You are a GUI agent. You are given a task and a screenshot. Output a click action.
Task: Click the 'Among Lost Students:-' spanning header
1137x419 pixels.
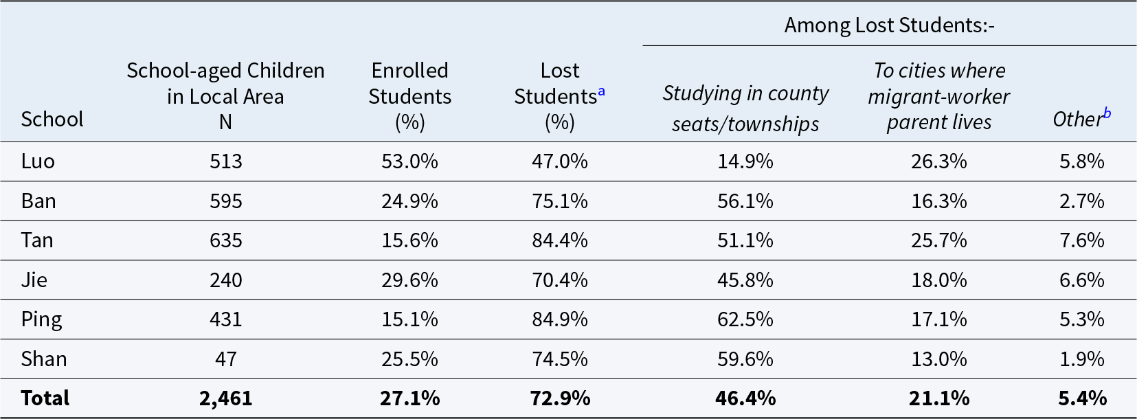pyautogui.click(x=889, y=25)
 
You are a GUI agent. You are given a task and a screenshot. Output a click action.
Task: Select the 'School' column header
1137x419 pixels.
pyautogui.click(x=52, y=120)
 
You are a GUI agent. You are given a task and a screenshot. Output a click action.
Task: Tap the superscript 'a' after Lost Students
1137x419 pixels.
pyautogui.click(x=602, y=91)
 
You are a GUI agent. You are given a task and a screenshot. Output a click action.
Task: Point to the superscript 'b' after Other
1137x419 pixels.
pyautogui.click(x=1107, y=113)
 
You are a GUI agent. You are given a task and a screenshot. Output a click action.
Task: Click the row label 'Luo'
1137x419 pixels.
pyautogui.click(x=38, y=161)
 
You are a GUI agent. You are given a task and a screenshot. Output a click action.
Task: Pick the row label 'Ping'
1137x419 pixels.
pyautogui.click(x=41, y=319)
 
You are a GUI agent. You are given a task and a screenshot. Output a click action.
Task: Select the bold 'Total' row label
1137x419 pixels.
pyautogui.click(x=45, y=398)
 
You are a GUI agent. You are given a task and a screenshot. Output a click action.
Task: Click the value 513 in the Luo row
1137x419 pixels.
pyautogui.click(x=226, y=161)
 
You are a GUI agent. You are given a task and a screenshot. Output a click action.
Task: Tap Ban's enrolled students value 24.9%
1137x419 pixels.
pyautogui.click(x=409, y=201)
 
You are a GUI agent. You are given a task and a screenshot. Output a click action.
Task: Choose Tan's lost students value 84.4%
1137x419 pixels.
pyautogui.click(x=560, y=240)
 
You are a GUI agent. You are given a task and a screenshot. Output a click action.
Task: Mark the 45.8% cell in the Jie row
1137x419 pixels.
pyautogui.click(x=745, y=280)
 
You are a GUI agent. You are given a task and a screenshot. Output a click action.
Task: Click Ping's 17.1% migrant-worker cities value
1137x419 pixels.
pyautogui.click(x=939, y=319)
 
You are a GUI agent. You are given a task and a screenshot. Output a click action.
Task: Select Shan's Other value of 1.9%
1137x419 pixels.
pyautogui.click(x=1081, y=359)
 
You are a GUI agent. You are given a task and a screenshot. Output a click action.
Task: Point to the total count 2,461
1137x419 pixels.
pyautogui.click(x=226, y=398)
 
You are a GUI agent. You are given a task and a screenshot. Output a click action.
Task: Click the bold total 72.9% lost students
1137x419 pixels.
pyautogui.click(x=560, y=398)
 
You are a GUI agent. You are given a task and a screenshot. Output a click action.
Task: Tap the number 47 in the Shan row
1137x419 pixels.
pyautogui.click(x=226, y=359)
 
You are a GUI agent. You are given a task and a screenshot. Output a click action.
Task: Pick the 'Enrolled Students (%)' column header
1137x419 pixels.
pyautogui.click(x=409, y=96)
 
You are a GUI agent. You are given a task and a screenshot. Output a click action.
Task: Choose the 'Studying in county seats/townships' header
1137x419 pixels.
pyautogui.click(x=745, y=108)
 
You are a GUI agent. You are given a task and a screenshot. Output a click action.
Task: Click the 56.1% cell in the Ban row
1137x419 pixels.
pyautogui.click(x=745, y=201)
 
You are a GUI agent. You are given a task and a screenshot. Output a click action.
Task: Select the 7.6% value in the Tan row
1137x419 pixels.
pyautogui.click(x=1081, y=240)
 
